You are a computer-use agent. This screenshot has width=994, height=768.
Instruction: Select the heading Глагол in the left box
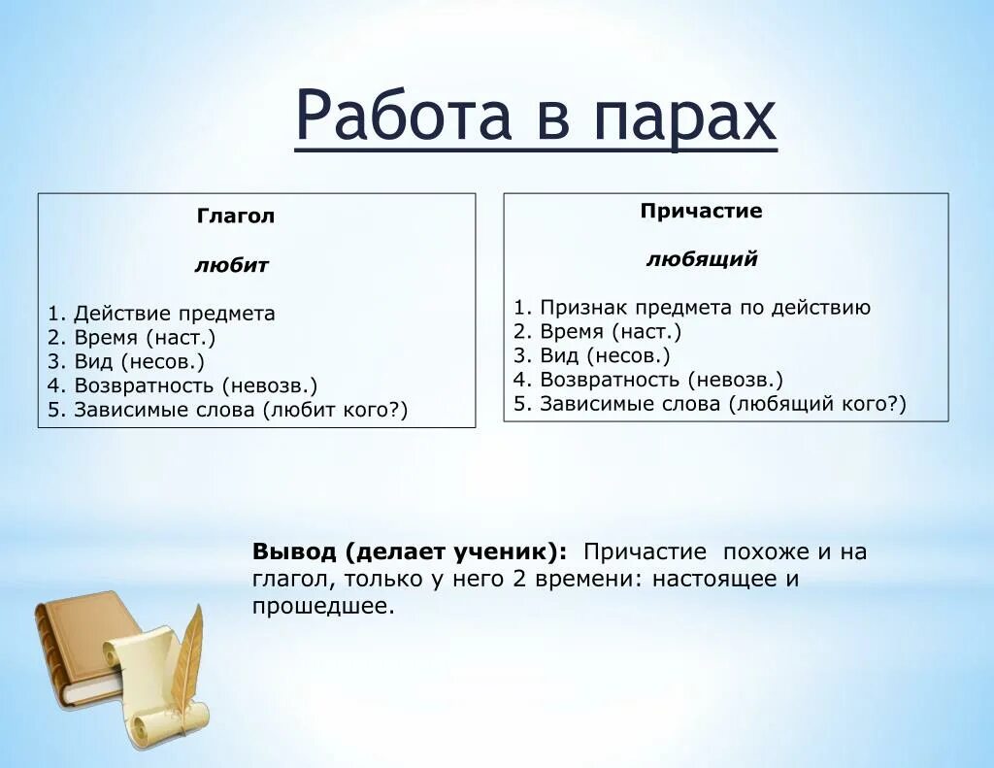tap(236, 217)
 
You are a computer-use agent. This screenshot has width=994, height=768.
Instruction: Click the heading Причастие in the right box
tap(701, 211)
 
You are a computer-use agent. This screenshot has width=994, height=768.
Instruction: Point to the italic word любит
tap(231, 265)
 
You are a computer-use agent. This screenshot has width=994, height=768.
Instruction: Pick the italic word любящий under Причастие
tap(702, 259)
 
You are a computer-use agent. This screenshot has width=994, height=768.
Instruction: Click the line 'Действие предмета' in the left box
tap(174, 314)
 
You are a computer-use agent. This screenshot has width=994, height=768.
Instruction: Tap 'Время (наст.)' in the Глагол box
tap(145, 338)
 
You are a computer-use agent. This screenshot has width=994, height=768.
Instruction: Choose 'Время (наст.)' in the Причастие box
tap(611, 332)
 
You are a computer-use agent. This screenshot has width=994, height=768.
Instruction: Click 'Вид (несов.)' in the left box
tap(139, 362)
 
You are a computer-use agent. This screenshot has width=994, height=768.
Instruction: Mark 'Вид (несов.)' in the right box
tap(605, 356)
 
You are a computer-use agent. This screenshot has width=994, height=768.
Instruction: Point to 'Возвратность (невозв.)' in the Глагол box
tap(195, 386)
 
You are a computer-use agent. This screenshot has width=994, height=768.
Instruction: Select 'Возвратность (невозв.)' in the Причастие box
tap(661, 381)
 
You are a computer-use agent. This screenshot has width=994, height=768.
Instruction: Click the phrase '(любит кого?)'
tap(335, 411)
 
